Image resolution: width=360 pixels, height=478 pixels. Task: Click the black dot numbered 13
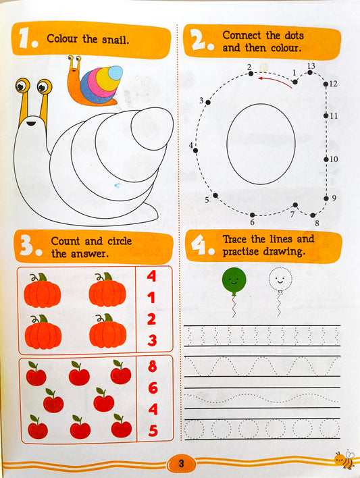[310, 72]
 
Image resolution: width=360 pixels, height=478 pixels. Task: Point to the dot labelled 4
[196, 151]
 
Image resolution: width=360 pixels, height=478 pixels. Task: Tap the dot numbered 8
[313, 215]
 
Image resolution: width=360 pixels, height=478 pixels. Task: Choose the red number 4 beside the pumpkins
[151, 276]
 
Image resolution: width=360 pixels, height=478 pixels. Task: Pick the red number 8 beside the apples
[152, 366]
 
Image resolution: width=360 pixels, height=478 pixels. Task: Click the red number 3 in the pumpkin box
[152, 340]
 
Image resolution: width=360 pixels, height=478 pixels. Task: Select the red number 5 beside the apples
[153, 431]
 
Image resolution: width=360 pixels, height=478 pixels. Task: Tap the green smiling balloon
[234, 280]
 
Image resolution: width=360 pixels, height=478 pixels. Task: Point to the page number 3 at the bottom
[181, 463]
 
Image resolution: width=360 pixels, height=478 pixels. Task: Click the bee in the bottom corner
[344, 460]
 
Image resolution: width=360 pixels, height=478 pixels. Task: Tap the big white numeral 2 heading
[197, 41]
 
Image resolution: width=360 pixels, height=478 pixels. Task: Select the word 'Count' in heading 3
[66, 241]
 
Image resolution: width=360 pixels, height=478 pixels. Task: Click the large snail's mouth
[31, 124]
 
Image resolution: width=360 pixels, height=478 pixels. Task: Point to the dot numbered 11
[326, 115]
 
